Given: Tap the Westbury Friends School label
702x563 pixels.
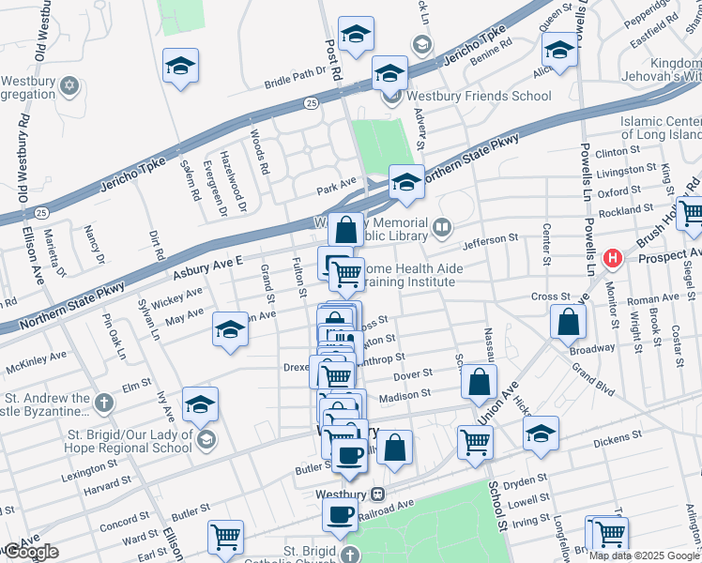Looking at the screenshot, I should (x=479, y=96).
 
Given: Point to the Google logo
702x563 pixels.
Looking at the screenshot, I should (x=30, y=552).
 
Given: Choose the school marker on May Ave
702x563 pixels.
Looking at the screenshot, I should (x=229, y=330).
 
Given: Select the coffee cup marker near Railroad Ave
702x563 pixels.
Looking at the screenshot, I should (x=340, y=513).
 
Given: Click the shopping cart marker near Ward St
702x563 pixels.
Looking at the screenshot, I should (x=225, y=538).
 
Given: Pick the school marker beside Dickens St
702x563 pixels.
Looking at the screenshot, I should (x=541, y=434).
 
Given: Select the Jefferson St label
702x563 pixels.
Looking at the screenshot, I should (x=489, y=240).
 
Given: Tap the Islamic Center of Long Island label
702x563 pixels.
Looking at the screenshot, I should (x=661, y=129).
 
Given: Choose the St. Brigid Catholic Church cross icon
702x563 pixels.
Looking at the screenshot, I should (x=350, y=555).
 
